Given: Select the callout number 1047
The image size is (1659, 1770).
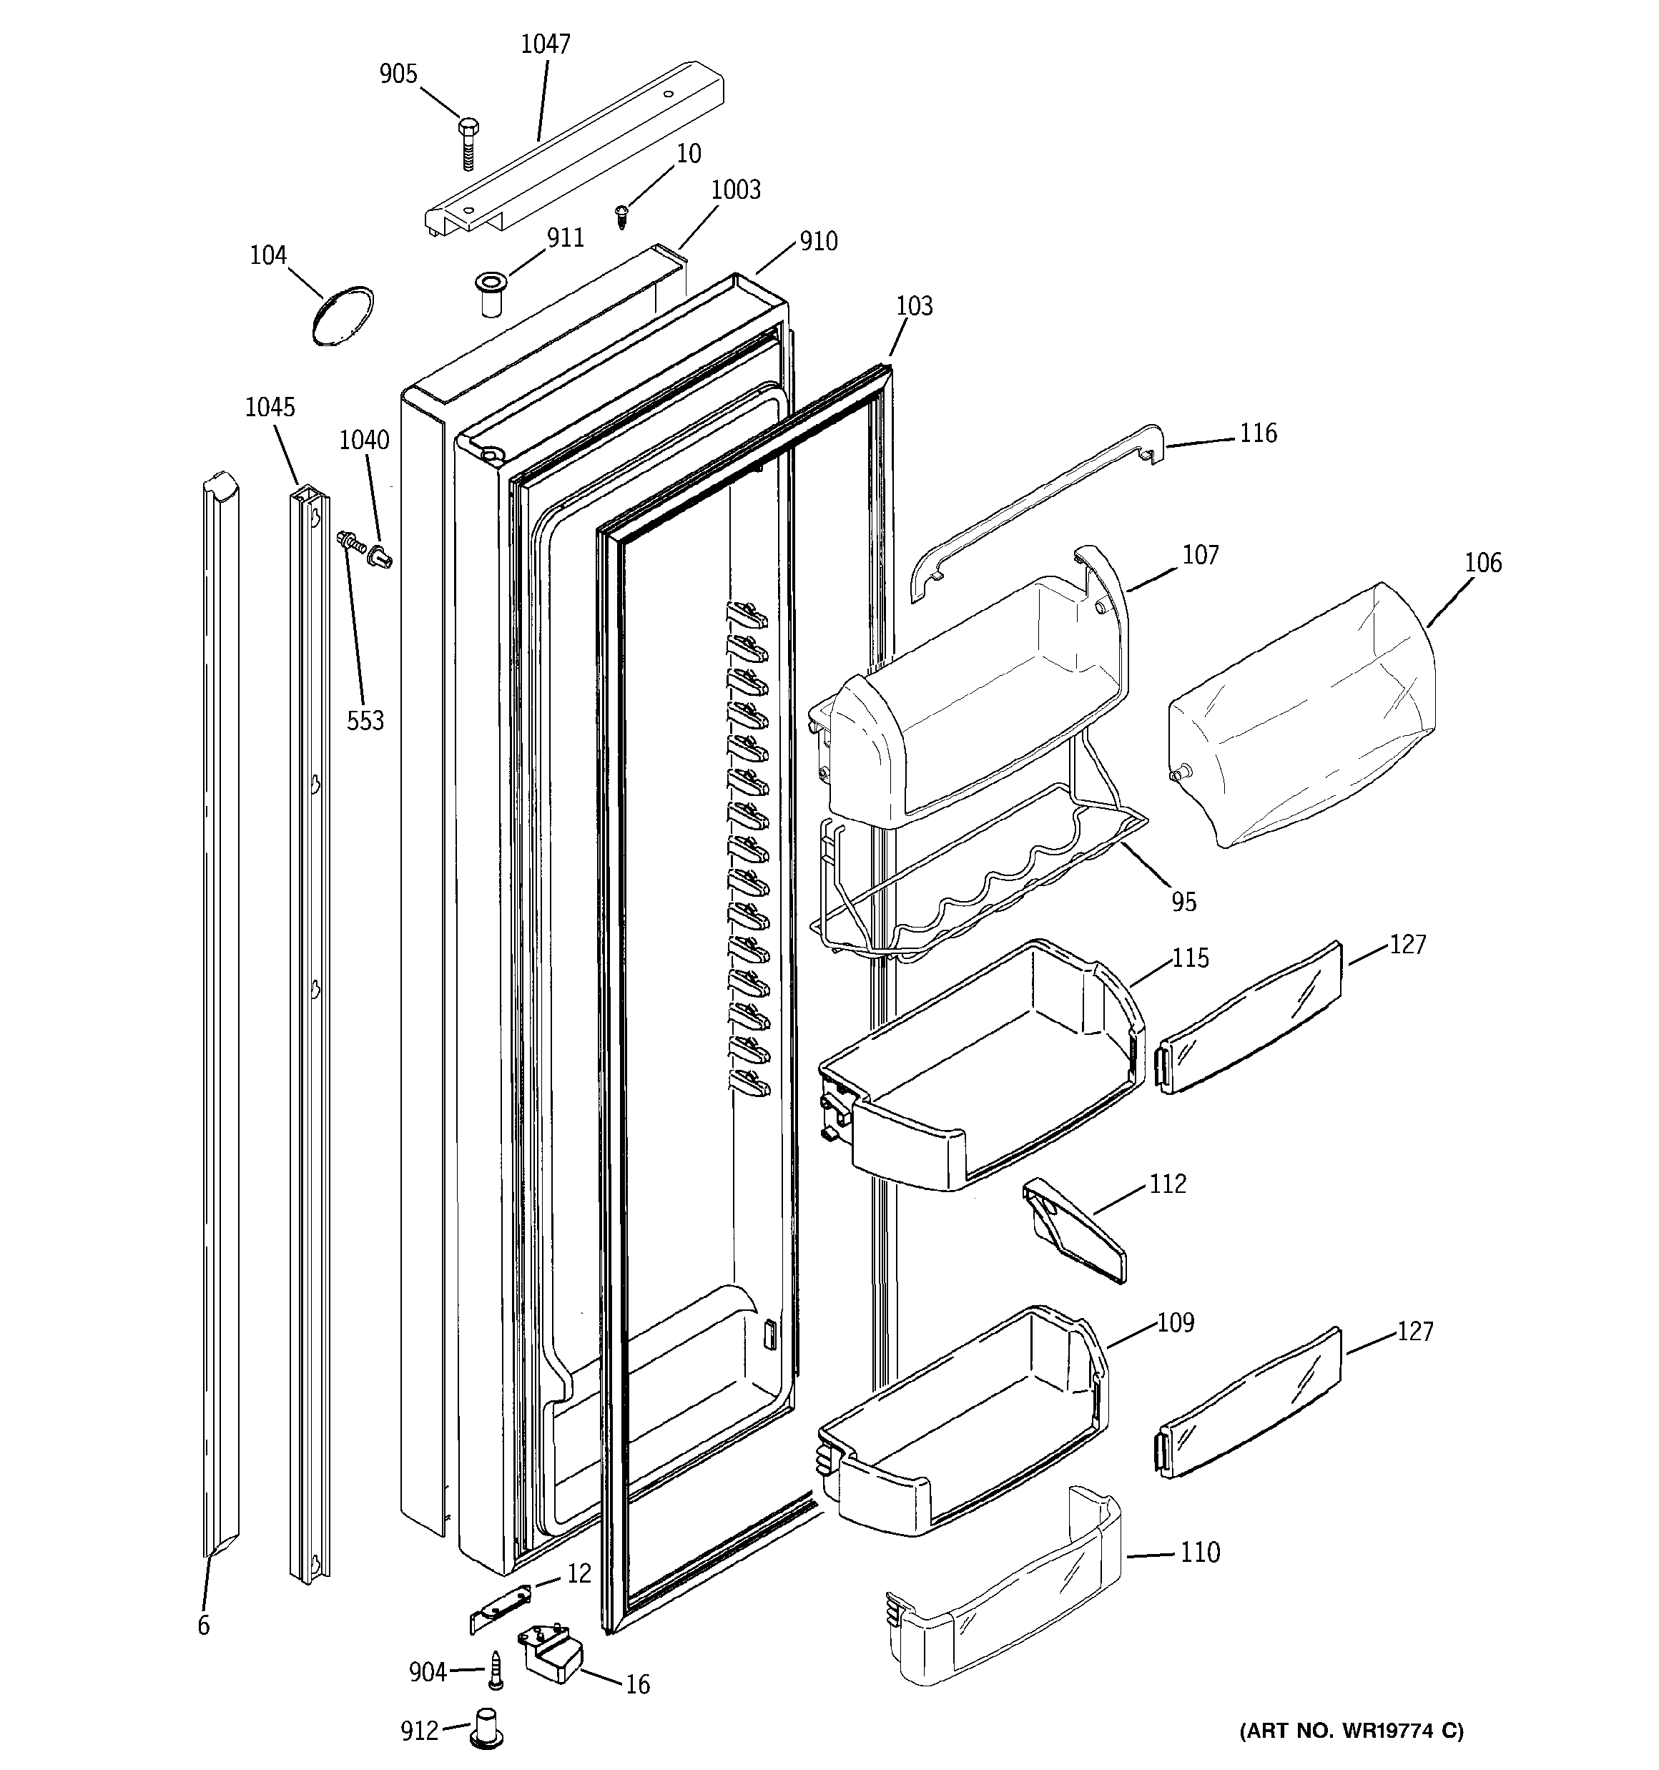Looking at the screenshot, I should coord(545,44).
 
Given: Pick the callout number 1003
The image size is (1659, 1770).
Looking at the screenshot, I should coord(736,190).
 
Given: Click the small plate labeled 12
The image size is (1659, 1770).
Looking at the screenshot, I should coord(500,1606).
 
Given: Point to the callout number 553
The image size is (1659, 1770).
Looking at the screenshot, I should coord(365,720).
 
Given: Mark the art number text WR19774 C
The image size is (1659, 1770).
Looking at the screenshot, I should coord(1350,1731).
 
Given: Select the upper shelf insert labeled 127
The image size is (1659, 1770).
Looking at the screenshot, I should coord(1249,1018).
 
